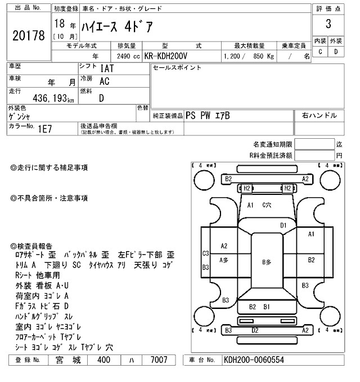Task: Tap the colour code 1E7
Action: tap(46, 129)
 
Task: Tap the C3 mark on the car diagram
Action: tap(206, 253)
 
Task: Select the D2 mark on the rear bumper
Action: tap(255, 330)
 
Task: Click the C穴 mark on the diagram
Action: tap(268, 205)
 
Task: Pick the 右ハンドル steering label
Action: tap(319, 115)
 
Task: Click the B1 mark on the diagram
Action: tap(267, 307)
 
